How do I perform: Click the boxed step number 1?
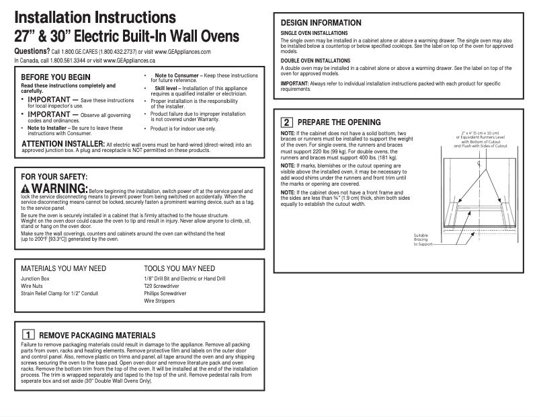point(28,334)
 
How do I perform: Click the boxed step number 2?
point(286,122)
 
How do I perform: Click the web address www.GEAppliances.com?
point(183,52)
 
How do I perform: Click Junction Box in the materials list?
point(36,278)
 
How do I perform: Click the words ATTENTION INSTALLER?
point(63,144)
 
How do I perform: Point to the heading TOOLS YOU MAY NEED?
point(179,268)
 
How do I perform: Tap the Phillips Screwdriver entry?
point(165,294)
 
